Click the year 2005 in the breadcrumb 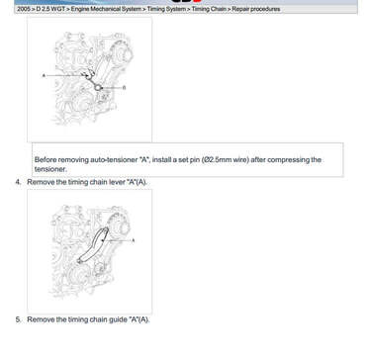pos(23,9)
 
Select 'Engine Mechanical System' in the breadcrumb pos(106,9)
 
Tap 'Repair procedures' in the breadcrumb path pos(256,9)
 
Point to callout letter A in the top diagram pos(44,75)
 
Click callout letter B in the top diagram pos(124,88)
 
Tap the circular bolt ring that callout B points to pos(98,88)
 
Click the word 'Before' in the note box pos(46,160)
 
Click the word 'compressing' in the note pos(290,160)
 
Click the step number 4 pos(18,182)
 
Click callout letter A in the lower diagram pos(134,240)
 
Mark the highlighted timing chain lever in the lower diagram pos(94,244)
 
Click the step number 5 pos(18,319)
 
